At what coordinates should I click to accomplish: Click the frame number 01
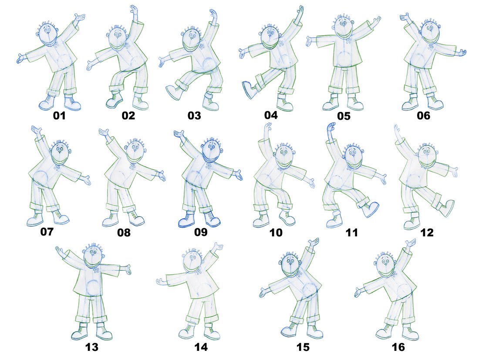pos(59,115)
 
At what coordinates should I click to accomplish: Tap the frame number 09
pos(201,232)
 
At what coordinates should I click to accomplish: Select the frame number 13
pos(91,347)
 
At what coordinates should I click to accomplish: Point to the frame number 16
pos(398,347)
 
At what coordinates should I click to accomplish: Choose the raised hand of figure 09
pos(179,135)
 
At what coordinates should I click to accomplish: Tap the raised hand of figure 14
pos(217,247)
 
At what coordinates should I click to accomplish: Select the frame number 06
pos(423,115)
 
